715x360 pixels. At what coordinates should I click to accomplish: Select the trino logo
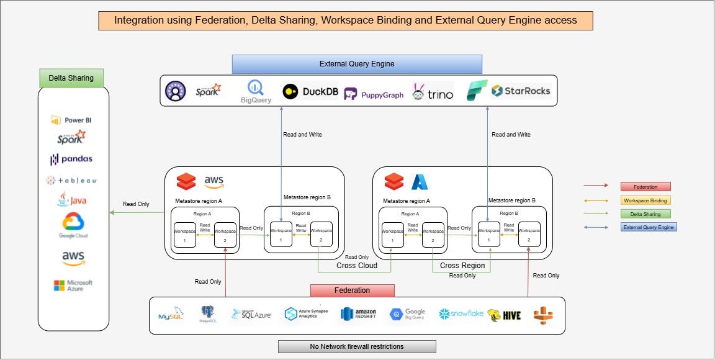coord(433,92)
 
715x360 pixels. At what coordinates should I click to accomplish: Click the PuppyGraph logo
coord(374,94)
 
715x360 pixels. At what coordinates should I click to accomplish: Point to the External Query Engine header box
coord(357,64)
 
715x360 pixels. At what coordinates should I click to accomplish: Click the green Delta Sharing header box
coord(71,78)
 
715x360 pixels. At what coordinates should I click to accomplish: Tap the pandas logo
coord(71,159)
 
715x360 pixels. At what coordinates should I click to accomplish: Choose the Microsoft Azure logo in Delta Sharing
coord(73,286)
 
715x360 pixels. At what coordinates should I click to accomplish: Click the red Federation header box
coord(352,290)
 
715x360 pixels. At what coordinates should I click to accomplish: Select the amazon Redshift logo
coord(359,314)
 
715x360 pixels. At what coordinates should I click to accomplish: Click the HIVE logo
coord(504,315)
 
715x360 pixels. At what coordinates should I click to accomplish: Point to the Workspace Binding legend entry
coord(645,200)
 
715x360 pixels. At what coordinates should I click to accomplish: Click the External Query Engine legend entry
coord(648,227)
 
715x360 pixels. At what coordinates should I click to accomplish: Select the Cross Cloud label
coord(357,266)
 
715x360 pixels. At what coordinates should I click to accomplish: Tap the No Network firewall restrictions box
coord(357,346)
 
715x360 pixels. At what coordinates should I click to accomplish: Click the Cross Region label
coord(462,266)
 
